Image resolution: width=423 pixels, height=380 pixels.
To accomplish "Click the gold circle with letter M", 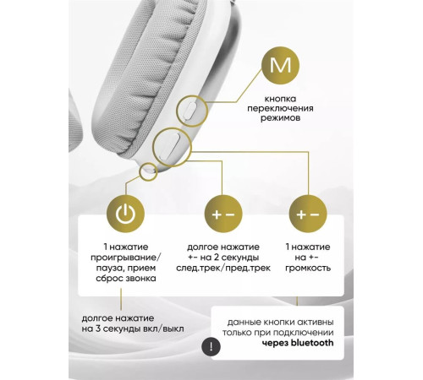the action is click(280, 65).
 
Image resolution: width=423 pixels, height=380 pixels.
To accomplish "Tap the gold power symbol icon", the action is click(125, 214).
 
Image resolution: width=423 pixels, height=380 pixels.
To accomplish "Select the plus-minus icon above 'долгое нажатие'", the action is click(223, 214).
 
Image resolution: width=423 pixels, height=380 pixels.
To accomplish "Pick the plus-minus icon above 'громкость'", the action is click(308, 214).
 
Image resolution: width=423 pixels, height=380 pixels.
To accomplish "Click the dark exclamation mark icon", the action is click(211, 346).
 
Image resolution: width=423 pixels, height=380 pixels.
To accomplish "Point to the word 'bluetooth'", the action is click(312, 343).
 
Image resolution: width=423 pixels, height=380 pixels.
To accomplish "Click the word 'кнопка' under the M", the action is click(280, 99).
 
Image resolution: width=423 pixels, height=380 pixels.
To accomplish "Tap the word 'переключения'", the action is click(280, 108).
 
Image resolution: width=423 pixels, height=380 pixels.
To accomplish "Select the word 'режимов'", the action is click(280, 118).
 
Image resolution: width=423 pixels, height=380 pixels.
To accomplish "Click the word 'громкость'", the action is click(308, 268).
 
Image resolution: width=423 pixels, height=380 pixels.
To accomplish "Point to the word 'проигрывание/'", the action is click(126, 258).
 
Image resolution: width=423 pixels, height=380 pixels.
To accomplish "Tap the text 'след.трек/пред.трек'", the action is click(223, 268).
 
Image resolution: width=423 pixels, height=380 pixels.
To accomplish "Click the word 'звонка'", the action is click(142, 279).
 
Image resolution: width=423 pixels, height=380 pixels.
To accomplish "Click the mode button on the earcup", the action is click(190, 111).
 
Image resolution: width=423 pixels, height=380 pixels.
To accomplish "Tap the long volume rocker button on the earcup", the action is click(170, 147).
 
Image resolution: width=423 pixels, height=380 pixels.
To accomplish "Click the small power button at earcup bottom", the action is click(148, 170).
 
